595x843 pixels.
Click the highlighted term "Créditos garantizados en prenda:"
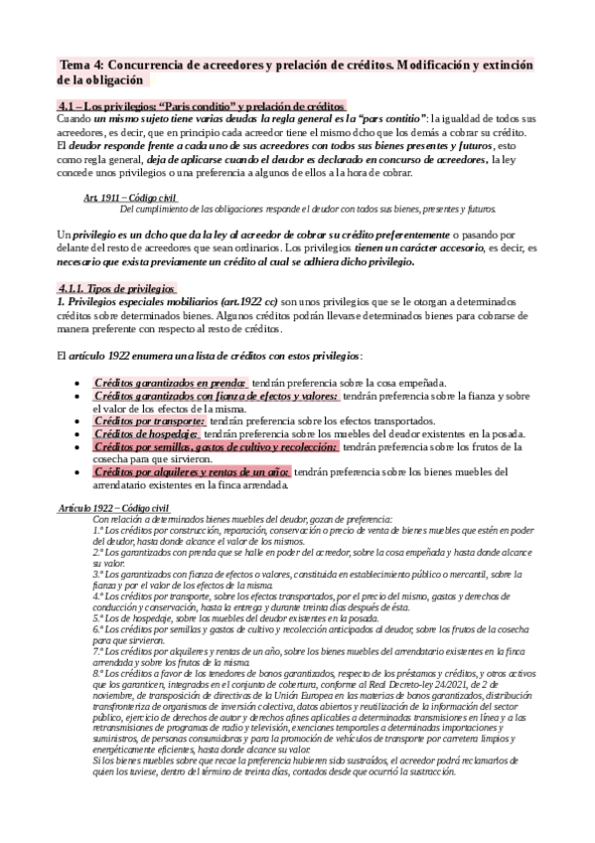(170, 382)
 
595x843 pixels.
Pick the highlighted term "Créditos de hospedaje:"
(147, 432)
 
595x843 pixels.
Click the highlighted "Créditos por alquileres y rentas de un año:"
(192, 471)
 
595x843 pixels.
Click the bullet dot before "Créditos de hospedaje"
(77, 433)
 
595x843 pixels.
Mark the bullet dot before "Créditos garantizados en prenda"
(77, 383)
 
